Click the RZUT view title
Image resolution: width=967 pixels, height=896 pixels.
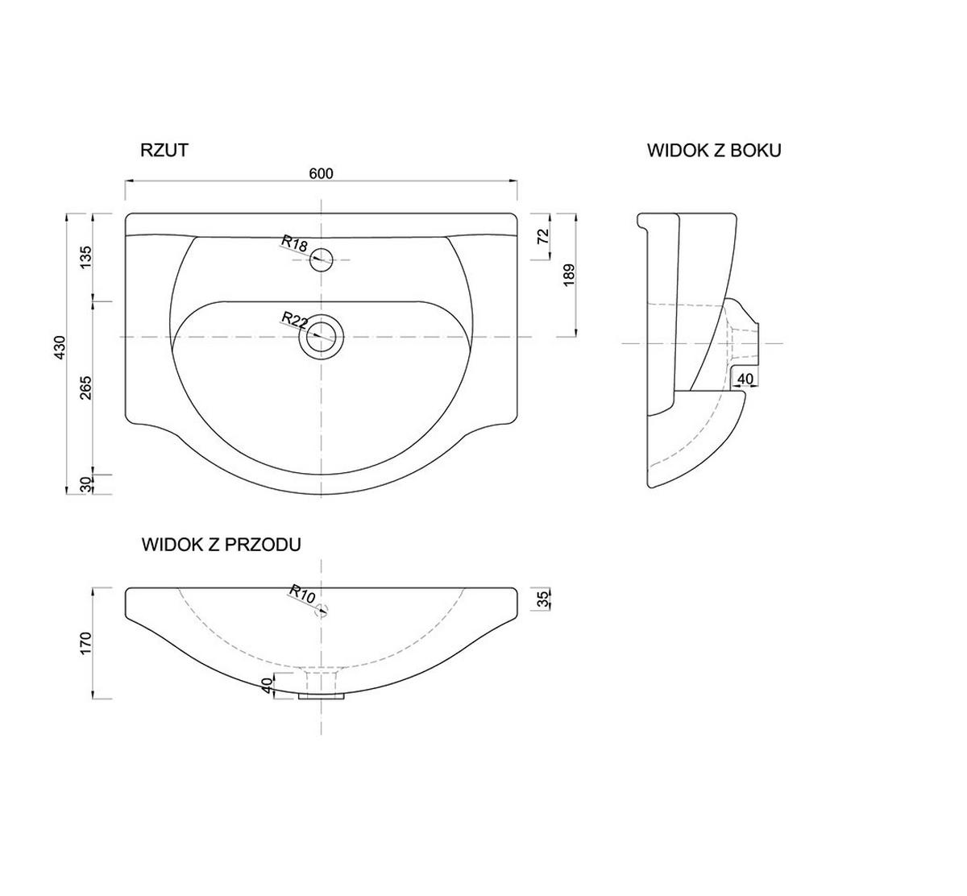coord(164,150)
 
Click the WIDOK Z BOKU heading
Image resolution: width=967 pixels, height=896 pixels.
coord(714,151)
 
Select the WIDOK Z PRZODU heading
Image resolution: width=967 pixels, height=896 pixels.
coord(221,545)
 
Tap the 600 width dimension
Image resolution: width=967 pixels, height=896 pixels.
coord(322,173)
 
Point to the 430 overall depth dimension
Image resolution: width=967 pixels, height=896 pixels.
coord(59,347)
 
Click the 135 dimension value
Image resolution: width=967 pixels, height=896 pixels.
coord(85,257)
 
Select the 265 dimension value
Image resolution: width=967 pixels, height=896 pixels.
coord(85,388)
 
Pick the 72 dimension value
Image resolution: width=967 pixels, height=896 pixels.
coord(543,236)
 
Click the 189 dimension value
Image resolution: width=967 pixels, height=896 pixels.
coord(569,275)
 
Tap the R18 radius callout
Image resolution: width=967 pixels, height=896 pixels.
coord(295,243)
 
